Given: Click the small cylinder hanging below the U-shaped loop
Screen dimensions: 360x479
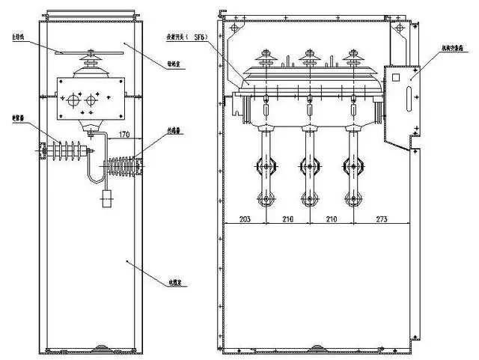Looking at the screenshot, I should point(106,198).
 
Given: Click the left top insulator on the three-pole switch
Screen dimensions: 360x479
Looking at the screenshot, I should point(266,59).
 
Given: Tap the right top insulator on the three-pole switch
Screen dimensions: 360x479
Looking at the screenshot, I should point(348,59).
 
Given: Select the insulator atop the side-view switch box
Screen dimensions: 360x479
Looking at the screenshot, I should point(96,59).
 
